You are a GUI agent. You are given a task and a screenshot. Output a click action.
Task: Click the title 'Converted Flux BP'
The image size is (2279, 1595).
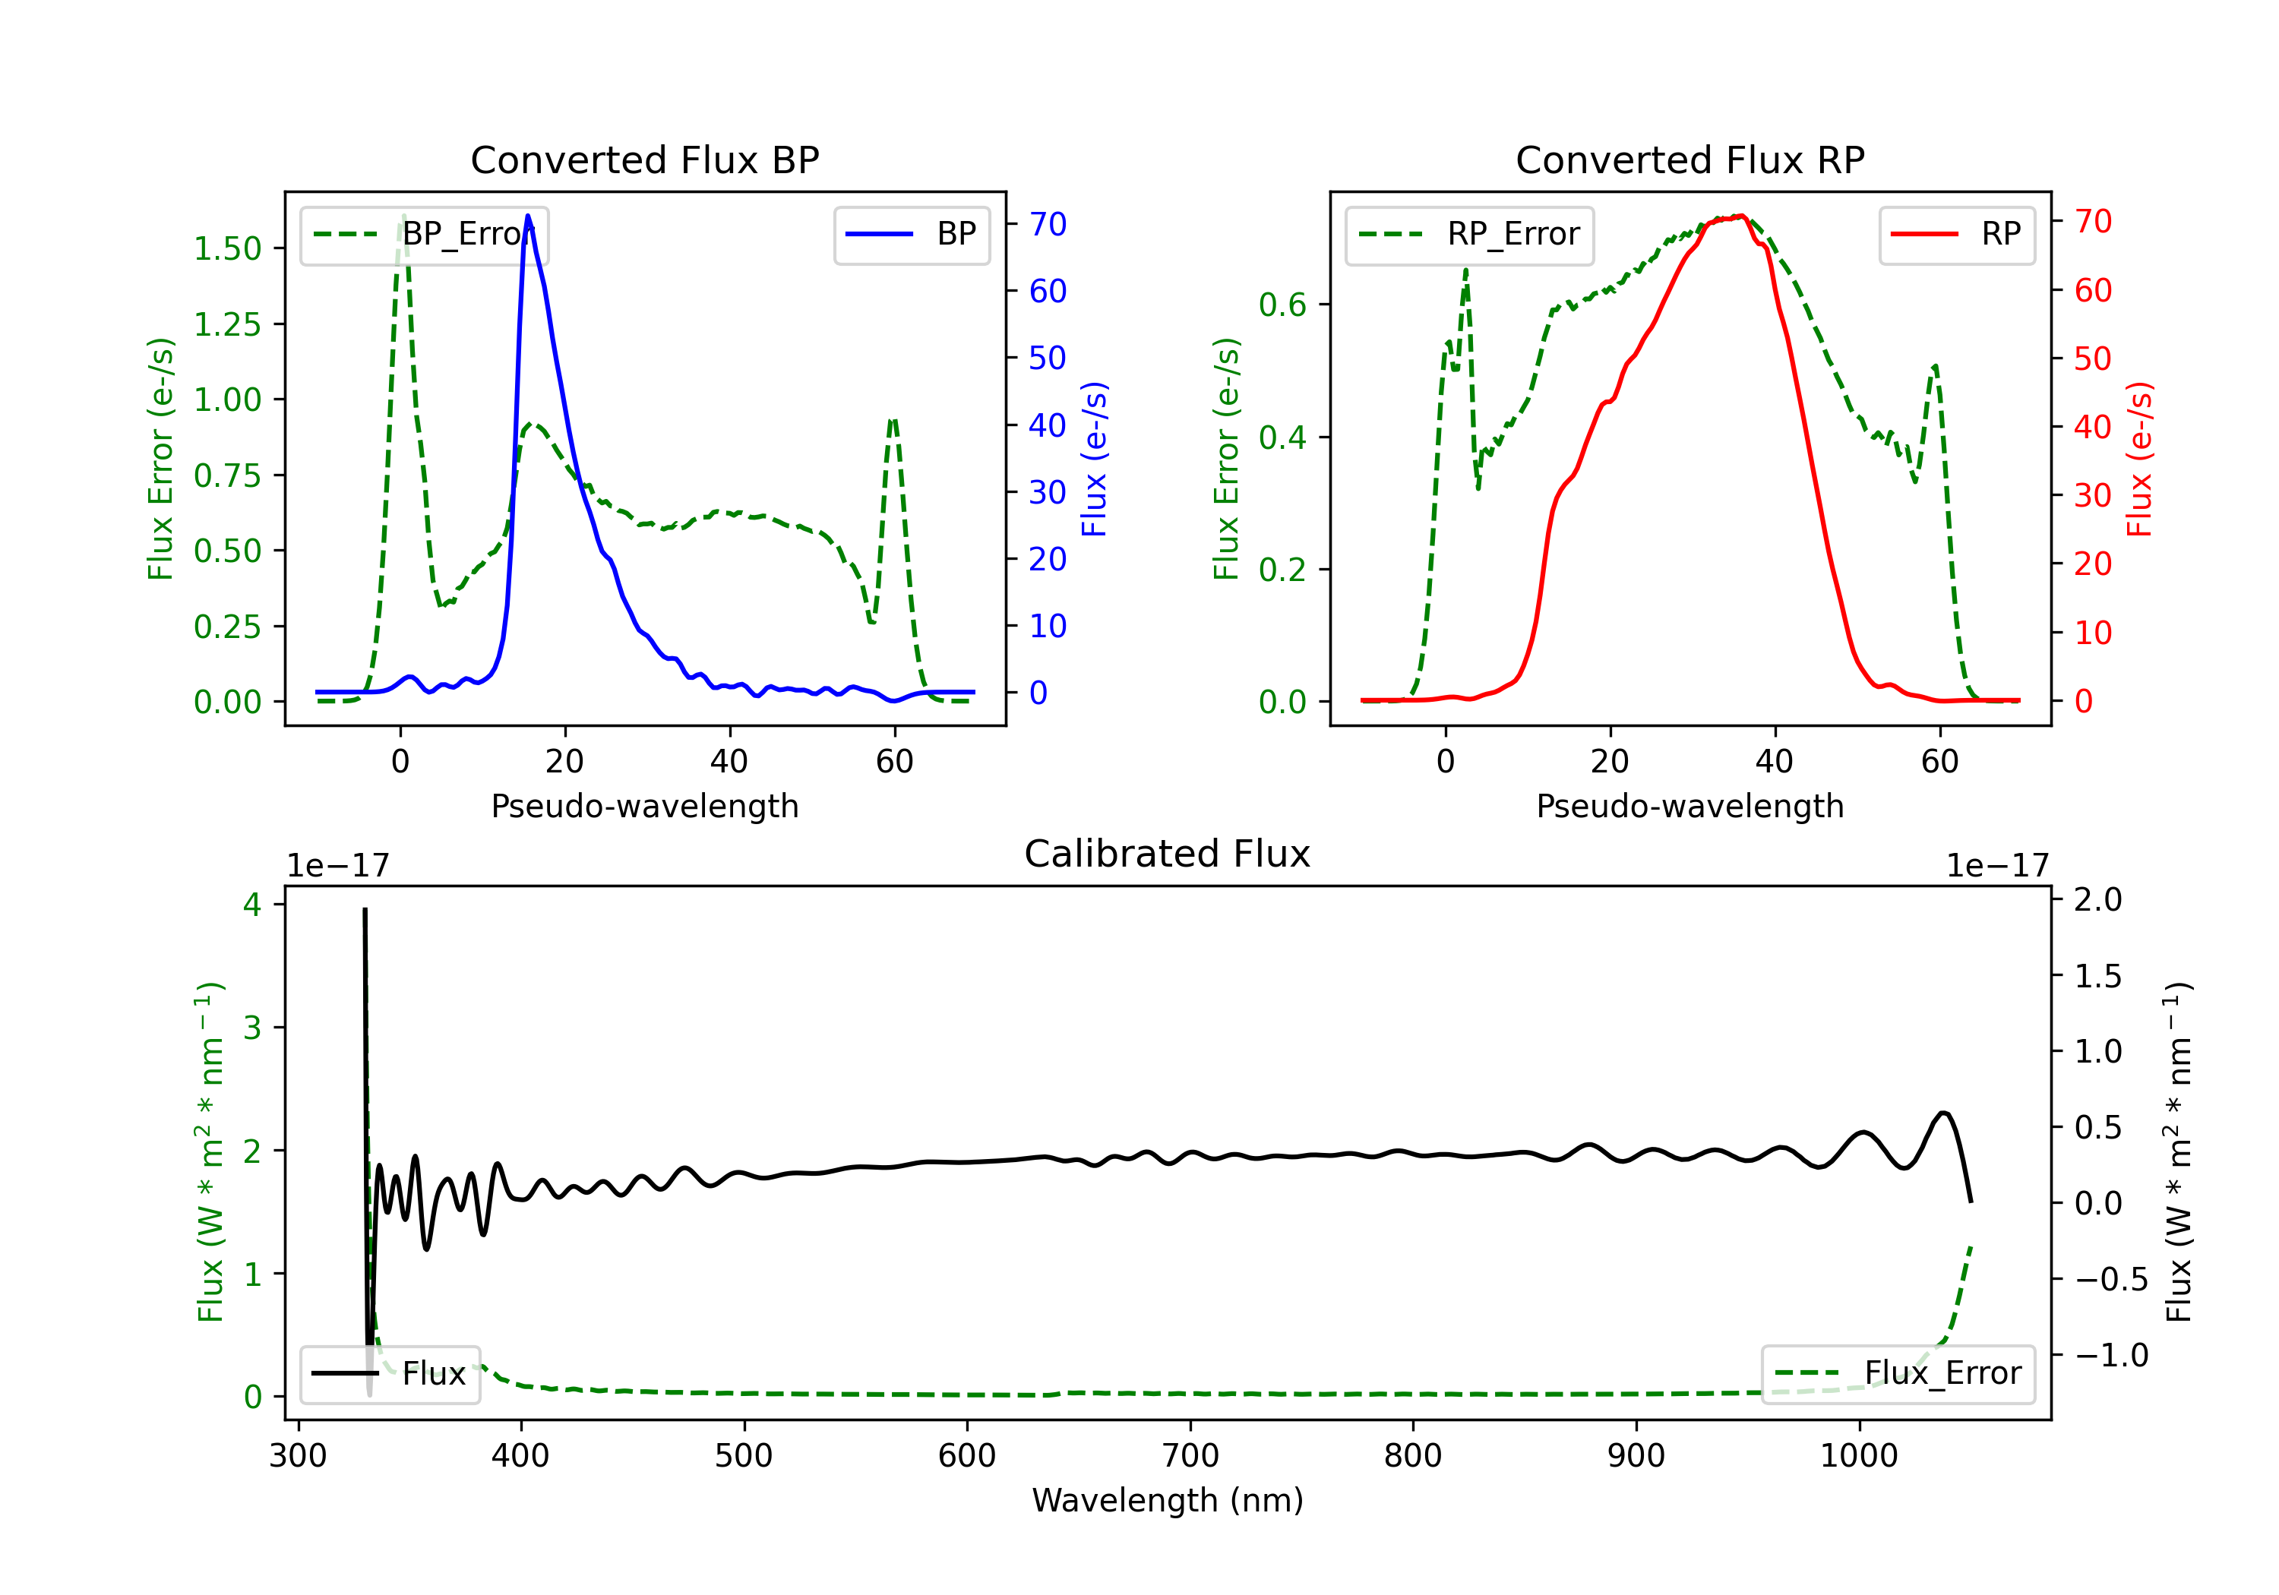click(x=644, y=159)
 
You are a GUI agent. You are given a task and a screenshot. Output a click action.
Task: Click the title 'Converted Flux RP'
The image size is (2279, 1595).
click(x=1689, y=159)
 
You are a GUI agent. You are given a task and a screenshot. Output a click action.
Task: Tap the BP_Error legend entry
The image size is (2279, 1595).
click(x=425, y=234)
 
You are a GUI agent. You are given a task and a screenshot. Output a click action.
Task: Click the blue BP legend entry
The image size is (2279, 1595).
click(x=911, y=234)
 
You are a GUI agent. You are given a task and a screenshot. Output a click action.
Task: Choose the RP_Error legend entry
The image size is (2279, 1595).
click(x=1469, y=234)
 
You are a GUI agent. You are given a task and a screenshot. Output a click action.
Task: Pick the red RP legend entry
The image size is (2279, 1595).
click(x=1956, y=234)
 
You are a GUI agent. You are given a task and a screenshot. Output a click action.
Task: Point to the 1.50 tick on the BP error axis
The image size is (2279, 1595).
click(x=227, y=248)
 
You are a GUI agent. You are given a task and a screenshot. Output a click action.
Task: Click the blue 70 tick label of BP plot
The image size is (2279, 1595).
click(x=1047, y=224)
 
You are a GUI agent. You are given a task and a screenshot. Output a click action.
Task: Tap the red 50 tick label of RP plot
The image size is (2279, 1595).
click(x=2092, y=358)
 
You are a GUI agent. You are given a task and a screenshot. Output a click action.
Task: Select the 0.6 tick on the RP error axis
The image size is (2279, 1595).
click(x=1282, y=305)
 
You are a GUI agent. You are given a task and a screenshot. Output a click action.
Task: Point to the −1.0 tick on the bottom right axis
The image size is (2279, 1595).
click(x=2111, y=1355)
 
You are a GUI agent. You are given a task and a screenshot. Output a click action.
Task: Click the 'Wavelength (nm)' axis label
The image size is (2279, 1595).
click(x=1168, y=1500)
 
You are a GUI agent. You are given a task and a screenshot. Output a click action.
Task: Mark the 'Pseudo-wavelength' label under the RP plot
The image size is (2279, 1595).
click(x=1689, y=806)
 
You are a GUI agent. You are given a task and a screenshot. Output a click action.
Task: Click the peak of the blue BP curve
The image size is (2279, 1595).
click(x=528, y=216)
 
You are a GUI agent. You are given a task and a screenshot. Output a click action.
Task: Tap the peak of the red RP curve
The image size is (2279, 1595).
click(x=1741, y=216)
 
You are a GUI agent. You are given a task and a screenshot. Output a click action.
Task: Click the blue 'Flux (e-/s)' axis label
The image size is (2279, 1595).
click(x=1094, y=459)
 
